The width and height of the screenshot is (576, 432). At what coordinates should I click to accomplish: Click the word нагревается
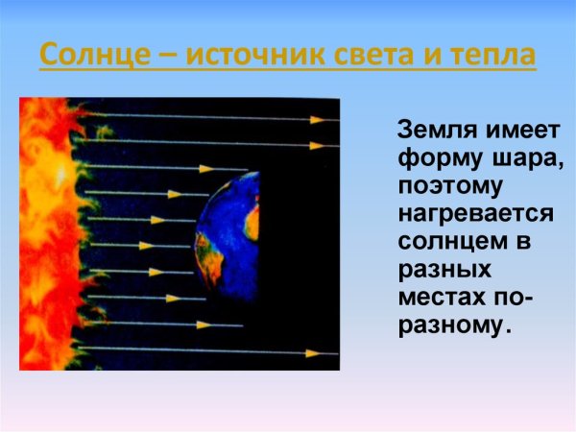(x=469, y=213)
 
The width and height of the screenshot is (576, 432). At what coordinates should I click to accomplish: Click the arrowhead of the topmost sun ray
(x=316, y=119)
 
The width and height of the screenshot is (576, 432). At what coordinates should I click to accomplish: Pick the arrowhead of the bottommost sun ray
(x=313, y=352)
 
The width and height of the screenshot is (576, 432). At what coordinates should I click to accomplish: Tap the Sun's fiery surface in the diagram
(x=43, y=235)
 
